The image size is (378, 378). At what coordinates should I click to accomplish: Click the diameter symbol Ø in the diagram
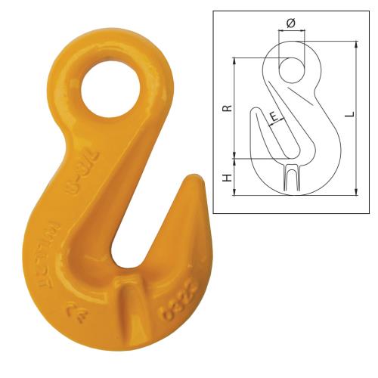click(291, 23)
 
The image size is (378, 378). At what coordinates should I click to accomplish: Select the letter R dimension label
click(228, 107)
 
